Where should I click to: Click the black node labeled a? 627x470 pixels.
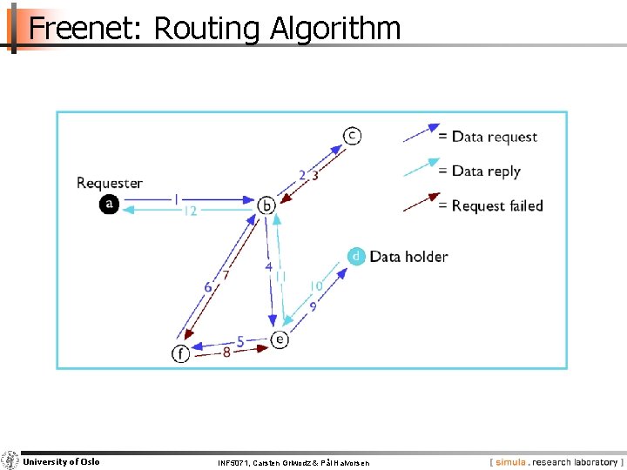click(x=109, y=204)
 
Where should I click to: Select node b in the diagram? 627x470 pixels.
click(x=267, y=205)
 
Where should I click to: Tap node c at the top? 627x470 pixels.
click(x=352, y=135)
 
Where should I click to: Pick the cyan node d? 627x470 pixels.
click(x=355, y=256)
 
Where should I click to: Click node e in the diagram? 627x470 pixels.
click(x=280, y=339)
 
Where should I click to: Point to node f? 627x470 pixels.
click(x=180, y=353)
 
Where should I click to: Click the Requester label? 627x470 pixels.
click(x=110, y=183)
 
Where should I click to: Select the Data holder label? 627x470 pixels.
click(x=408, y=256)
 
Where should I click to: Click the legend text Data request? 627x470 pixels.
click(x=494, y=137)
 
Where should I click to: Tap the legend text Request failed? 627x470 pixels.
click(x=496, y=205)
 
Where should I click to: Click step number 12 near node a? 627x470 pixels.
click(x=190, y=211)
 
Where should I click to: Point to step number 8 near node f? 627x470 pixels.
click(x=226, y=353)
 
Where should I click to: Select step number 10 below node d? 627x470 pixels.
click(x=316, y=286)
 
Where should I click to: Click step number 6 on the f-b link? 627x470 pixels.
click(x=208, y=287)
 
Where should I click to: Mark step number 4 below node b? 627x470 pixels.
click(x=269, y=266)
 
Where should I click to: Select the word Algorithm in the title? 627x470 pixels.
click(x=335, y=29)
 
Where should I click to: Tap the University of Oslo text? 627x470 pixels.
click(x=61, y=461)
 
